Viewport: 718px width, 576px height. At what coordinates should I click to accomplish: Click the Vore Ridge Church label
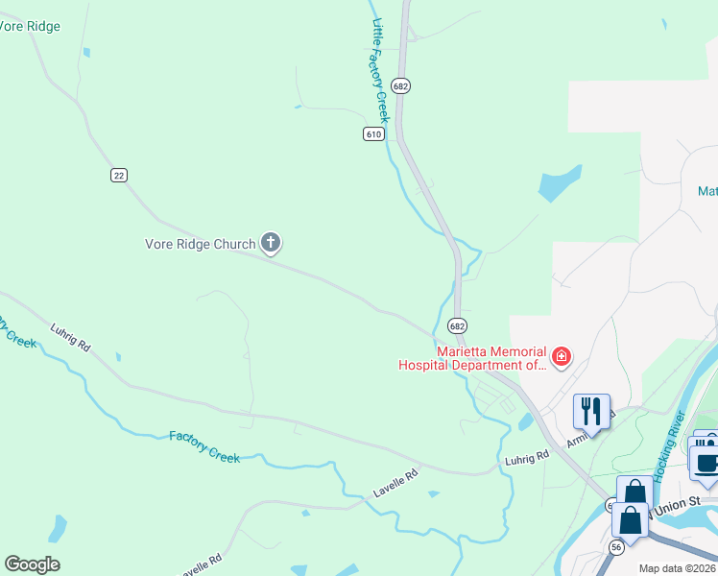click(200, 244)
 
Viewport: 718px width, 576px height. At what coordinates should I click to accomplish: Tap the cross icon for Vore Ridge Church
click(271, 244)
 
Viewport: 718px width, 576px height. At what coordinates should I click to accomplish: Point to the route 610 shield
click(374, 134)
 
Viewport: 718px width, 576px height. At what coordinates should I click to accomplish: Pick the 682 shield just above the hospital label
click(457, 326)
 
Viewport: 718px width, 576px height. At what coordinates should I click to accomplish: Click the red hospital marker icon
click(562, 358)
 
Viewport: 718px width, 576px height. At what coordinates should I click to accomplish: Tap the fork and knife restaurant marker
click(591, 411)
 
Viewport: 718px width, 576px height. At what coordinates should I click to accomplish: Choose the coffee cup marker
click(707, 462)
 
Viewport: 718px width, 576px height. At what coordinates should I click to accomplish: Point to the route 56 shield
click(615, 547)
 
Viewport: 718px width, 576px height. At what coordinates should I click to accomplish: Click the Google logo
click(32, 564)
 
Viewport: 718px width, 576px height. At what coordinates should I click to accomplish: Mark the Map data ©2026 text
click(678, 568)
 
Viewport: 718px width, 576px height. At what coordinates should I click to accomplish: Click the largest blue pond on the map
click(560, 183)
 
